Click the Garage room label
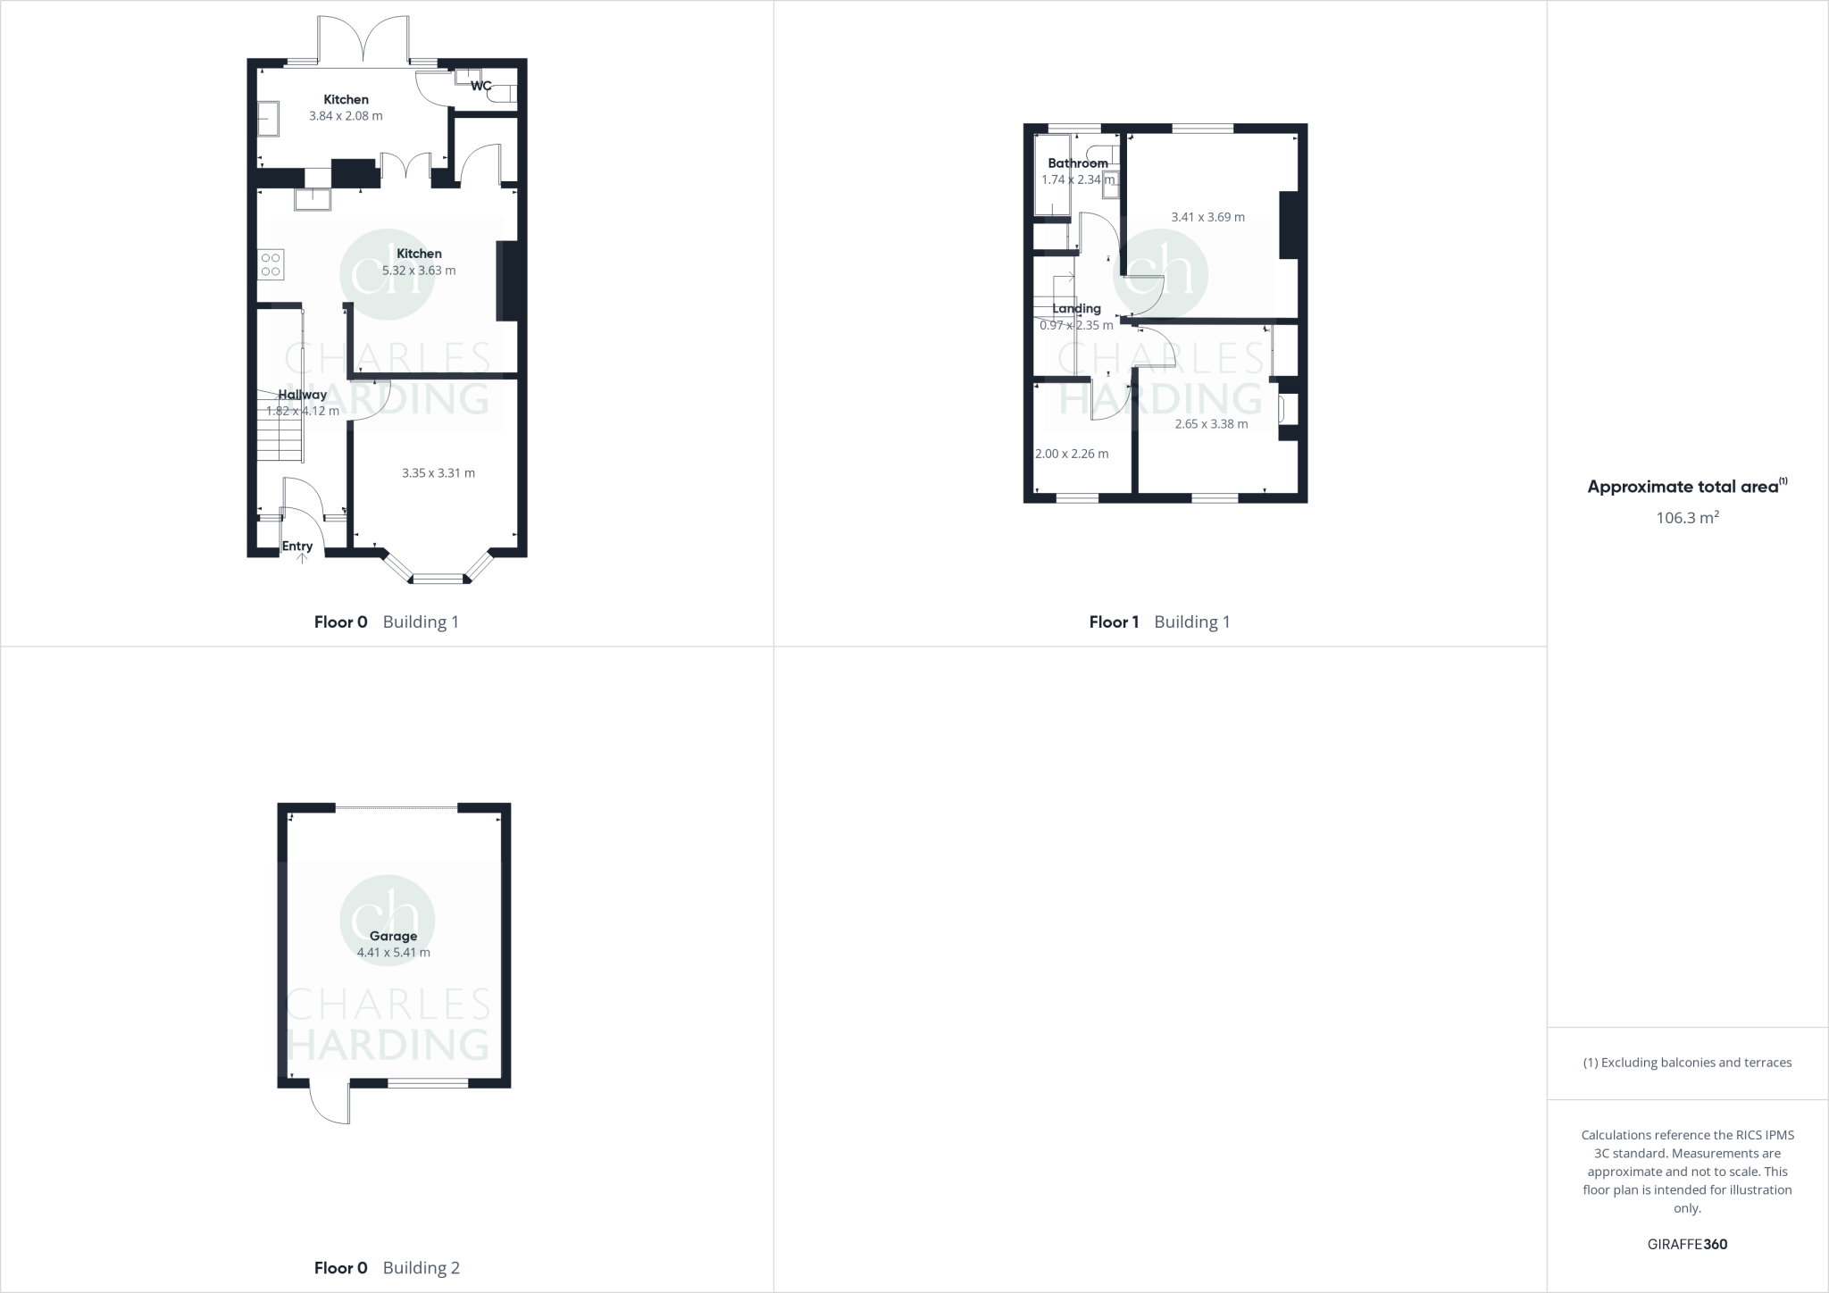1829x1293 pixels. [x=393, y=936]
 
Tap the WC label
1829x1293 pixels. [x=480, y=86]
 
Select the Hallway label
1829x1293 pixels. [x=302, y=395]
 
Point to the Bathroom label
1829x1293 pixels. [x=1077, y=163]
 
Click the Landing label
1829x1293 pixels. [x=1076, y=309]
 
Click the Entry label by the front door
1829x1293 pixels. [x=297, y=546]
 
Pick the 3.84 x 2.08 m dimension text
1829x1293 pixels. [x=346, y=116]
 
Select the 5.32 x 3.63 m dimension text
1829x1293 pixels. [x=419, y=271]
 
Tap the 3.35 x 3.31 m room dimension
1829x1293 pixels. [x=438, y=473]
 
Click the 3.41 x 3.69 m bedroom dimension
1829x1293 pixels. [x=1207, y=217]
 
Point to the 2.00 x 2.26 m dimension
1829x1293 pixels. [x=1072, y=454]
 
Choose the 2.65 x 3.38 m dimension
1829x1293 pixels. [x=1211, y=424]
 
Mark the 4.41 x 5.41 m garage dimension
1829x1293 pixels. [x=393, y=953]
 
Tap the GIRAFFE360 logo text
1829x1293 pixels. [x=1687, y=1244]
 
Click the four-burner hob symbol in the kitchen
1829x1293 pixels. [x=271, y=264]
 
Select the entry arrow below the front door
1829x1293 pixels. [x=301, y=558]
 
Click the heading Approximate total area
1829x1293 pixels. [x=1684, y=487]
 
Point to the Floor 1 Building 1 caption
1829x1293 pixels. [x=1159, y=622]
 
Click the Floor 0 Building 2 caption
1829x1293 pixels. [x=387, y=1268]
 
